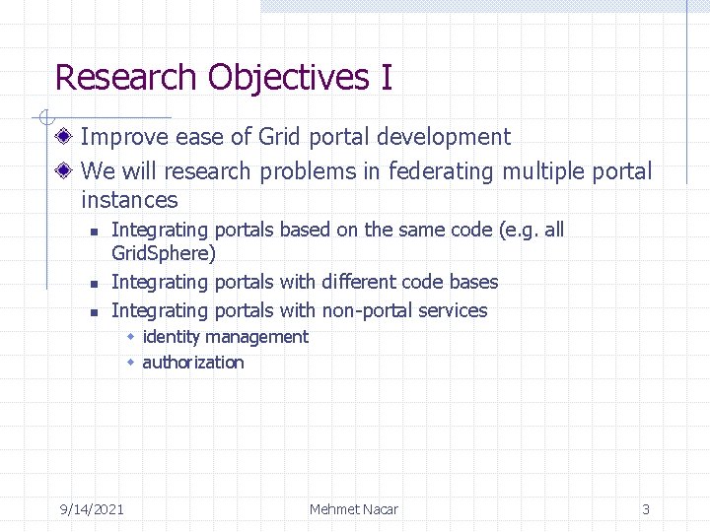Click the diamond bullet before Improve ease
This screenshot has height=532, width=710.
tap(65, 137)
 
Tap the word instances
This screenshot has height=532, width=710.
tap(129, 200)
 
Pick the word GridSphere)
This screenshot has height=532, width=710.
tap(164, 254)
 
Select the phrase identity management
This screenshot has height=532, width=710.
tap(225, 337)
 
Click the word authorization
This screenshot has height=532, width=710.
tap(193, 363)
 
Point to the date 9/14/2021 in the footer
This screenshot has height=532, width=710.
tap(92, 509)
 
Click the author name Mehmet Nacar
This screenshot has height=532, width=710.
tap(354, 509)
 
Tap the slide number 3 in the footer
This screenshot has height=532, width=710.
tap(646, 509)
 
